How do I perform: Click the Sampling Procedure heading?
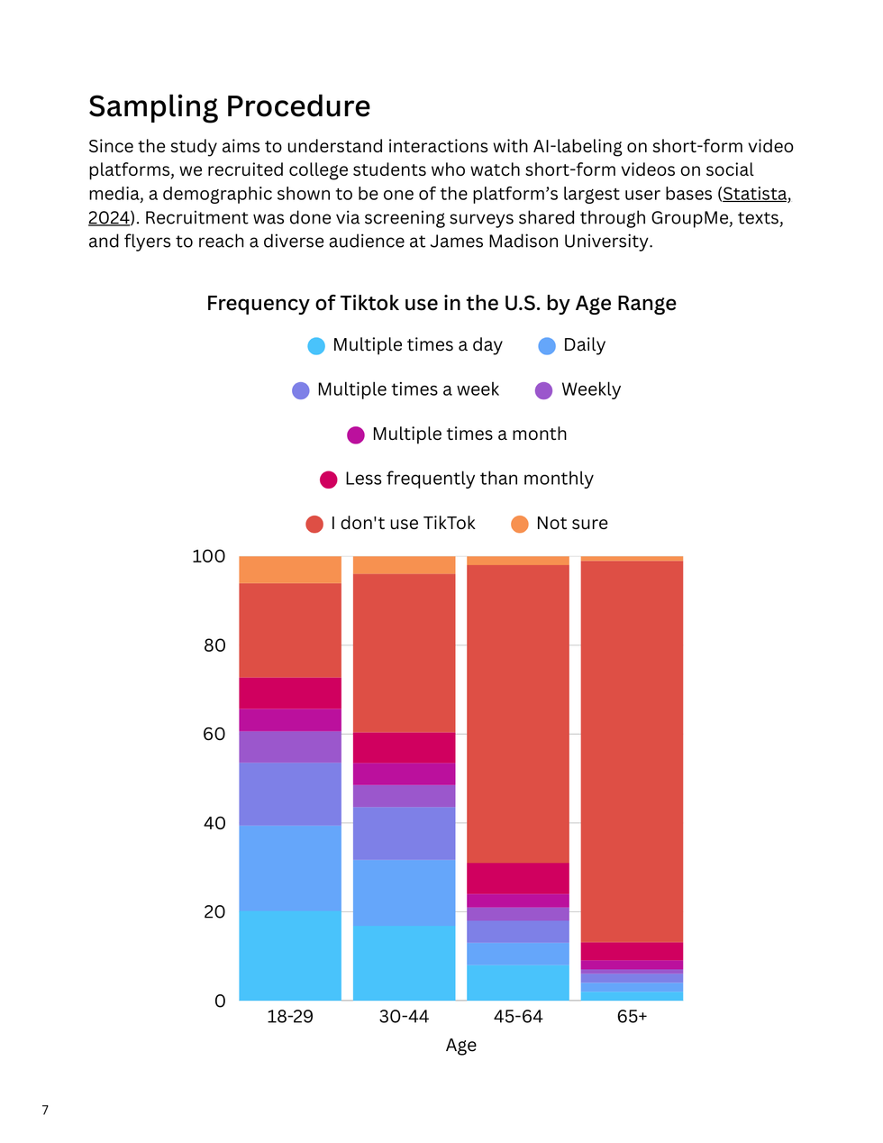click(229, 106)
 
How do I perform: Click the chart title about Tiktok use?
click(441, 303)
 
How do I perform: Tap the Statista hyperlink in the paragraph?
click(755, 194)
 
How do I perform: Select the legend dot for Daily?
click(547, 346)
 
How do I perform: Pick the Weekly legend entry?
click(591, 389)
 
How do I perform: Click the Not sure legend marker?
click(520, 525)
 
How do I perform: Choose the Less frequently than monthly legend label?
click(469, 479)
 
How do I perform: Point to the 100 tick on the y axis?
click(208, 556)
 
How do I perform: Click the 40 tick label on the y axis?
click(214, 823)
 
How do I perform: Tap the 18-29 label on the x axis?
click(290, 1017)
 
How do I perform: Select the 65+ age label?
click(632, 1017)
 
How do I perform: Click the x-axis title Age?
click(460, 1046)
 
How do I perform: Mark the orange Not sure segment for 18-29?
click(290, 570)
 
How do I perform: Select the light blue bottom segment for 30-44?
click(404, 963)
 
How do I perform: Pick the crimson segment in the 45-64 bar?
click(518, 878)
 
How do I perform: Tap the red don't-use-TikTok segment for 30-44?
click(404, 653)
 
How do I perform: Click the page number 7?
click(45, 1110)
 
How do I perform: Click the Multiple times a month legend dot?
click(356, 435)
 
